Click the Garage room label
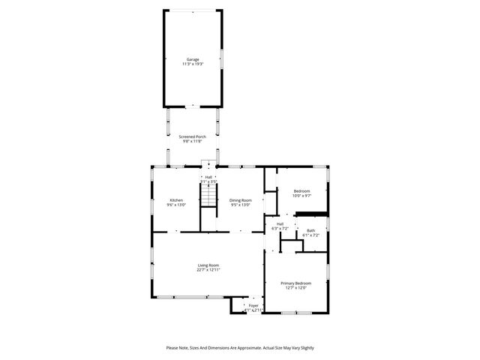193,59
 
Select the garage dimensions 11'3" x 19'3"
193,64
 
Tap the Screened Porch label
192,136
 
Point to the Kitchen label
176,200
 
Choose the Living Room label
208,265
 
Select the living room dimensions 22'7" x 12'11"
208,270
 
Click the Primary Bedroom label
295,283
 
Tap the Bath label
310,230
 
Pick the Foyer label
253,305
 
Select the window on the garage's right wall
221,58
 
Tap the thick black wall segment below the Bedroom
311,214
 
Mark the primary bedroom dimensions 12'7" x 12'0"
295,288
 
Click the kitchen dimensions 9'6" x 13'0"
176,205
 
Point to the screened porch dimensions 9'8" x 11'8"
192,142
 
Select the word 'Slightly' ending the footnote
307,348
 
